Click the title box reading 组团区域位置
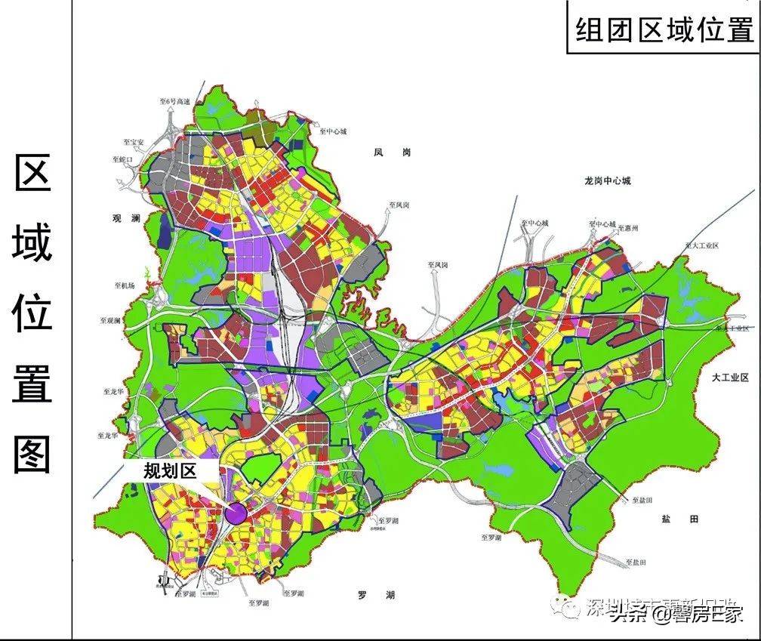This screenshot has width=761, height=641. [x=664, y=31]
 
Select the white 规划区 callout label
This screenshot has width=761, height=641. [x=170, y=471]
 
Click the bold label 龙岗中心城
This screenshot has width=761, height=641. [x=607, y=181]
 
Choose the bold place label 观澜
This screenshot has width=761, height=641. [x=126, y=219]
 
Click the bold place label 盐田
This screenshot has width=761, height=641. [x=679, y=519]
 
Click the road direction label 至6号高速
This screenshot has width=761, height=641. [x=174, y=100]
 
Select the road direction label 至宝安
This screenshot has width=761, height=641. [x=133, y=141]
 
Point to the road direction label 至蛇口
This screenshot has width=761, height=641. [x=123, y=160]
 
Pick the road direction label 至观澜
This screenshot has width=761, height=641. [x=110, y=321]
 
